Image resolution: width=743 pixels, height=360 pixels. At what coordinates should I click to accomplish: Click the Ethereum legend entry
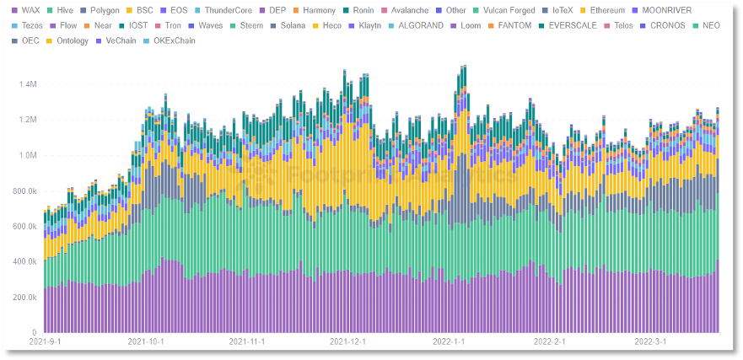[623, 11]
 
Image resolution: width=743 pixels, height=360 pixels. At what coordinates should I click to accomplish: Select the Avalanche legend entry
[409, 11]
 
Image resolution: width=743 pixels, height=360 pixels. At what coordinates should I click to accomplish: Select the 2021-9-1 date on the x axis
[45, 342]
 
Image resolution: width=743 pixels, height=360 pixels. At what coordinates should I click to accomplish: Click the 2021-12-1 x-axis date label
[347, 342]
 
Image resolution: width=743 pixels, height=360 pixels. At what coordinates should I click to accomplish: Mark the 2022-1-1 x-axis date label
[450, 342]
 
